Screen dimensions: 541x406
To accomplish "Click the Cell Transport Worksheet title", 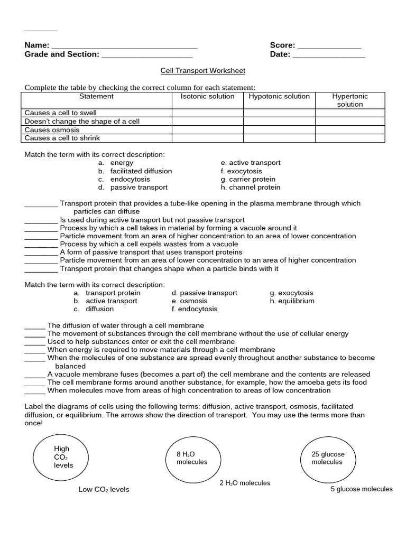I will coord(203,70).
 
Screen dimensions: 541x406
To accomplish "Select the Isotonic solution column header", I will coord(207,97).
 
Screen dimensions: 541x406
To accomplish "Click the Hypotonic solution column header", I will coord(279,97).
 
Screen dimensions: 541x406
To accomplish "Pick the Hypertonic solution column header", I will coord(350,100).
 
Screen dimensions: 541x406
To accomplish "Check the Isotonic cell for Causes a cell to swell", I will coord(207,113).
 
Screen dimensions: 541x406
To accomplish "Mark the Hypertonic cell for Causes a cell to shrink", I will coord(350,138).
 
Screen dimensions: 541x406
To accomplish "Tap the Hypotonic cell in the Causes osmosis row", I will coord(279,130).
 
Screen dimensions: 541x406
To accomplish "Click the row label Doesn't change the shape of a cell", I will coord(82,122).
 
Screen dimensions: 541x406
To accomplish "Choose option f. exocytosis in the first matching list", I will coord(241,171).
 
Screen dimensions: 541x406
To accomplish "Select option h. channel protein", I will coord(251,188).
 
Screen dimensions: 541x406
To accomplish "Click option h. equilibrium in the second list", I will coord(292,301).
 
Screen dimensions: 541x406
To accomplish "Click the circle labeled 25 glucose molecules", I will coord(327,458).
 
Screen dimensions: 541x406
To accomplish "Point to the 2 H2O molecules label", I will coord(245,483).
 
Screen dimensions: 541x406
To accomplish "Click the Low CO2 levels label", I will coord(104,490).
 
